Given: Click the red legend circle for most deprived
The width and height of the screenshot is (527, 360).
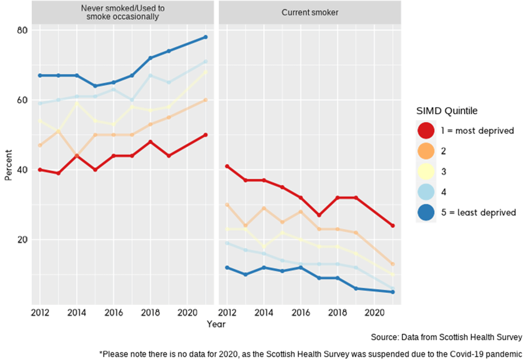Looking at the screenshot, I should click(425, 131).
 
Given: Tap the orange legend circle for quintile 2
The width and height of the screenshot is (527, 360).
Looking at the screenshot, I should click(425, 151).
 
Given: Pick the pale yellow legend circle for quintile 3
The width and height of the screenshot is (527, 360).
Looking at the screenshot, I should click(425, 172).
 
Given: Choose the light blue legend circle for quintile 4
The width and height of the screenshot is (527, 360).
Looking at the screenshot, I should click(425, 192).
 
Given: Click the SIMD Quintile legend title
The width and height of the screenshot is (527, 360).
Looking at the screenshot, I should click(447, 111).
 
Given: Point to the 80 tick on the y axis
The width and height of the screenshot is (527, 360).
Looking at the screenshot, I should click(22, 30).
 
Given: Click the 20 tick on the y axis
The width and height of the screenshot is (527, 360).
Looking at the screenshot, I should click(22, 240).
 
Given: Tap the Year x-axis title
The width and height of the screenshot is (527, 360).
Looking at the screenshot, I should click(216, 324).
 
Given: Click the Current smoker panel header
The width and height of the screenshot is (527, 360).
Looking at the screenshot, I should click(310, 12).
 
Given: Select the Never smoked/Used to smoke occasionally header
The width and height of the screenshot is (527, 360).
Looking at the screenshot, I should click(123, 12).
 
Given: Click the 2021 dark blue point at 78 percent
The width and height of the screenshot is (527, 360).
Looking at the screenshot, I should click(205, 37).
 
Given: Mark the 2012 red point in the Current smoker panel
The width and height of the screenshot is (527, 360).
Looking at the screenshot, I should click(227, 166).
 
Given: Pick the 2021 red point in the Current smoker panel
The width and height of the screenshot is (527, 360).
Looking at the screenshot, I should click(393, 226).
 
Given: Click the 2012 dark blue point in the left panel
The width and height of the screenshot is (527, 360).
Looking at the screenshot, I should click(40, 76).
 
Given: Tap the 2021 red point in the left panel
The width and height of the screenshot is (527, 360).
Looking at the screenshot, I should click(205, 135).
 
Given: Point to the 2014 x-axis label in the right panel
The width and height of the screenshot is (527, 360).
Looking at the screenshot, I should click(264, 313).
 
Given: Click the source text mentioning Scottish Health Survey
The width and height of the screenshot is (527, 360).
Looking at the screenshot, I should click(446, 338).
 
